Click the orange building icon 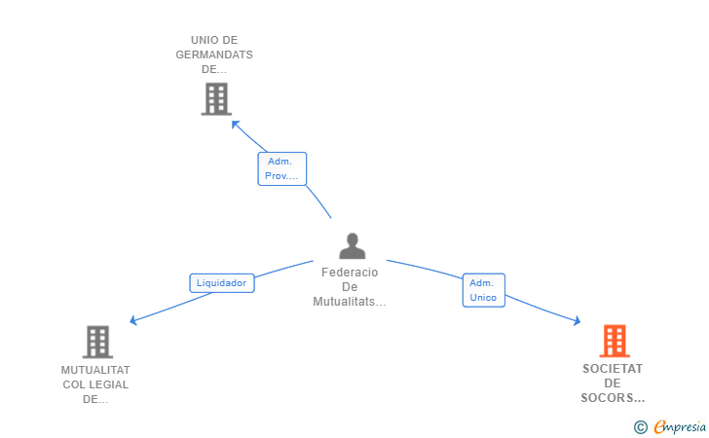(614, 341)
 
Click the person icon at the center (352, 246)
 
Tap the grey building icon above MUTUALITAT (97, 342)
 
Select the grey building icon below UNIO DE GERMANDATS (216, 98)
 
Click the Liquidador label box (221, 283)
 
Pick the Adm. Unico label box (483, 290)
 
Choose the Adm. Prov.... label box (281, 169)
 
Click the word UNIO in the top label (203, 40)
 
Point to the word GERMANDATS (214, 55)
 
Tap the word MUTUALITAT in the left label (95, 370)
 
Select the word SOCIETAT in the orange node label (613, 369)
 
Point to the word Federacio (350, 273)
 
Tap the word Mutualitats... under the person (350, 302)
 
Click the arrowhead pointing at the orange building (578, 320)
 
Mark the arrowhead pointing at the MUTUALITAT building (133, 321)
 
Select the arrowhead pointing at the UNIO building (234, 122)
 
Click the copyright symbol (640, 426)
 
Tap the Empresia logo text (680, 426)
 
